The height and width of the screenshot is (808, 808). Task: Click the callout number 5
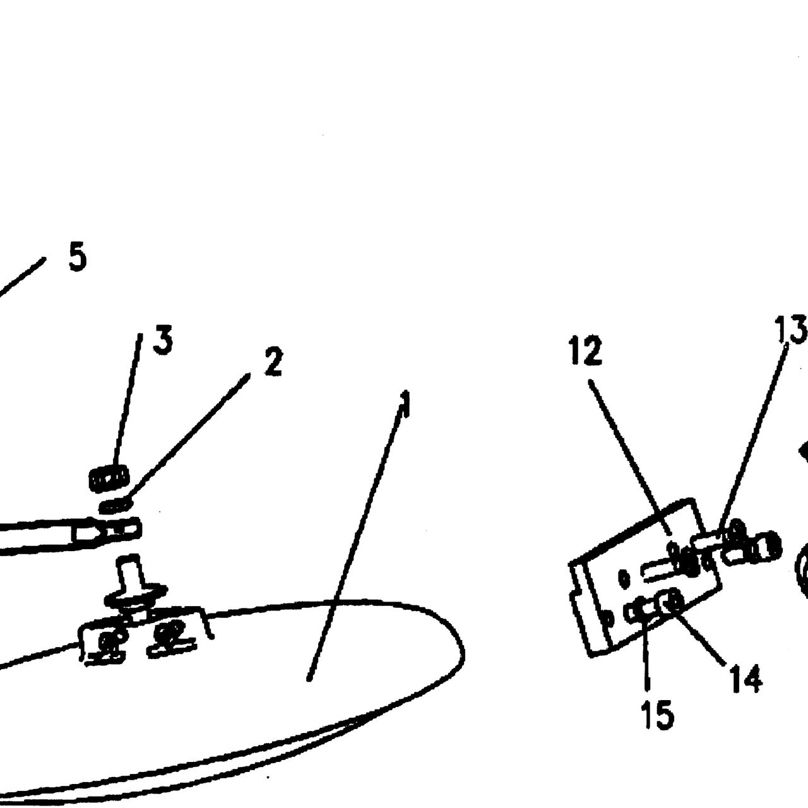78,256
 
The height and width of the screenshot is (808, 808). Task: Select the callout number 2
273,362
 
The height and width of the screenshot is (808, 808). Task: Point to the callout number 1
405,404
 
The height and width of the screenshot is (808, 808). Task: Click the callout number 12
586,350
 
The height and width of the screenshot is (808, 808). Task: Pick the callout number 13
790,329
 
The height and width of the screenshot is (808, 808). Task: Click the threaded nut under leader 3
109,478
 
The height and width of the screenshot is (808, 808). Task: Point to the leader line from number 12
631,457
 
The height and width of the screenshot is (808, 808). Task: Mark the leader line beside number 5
21,278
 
